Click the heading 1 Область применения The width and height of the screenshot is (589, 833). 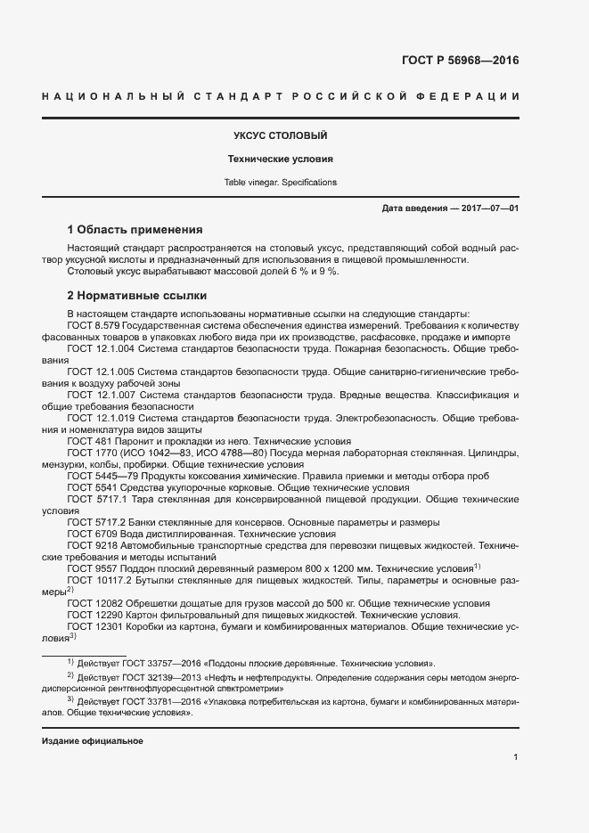click(135, 229)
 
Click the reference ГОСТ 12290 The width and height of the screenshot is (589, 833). click(93, 615)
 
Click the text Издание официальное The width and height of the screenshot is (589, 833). click(93, 741)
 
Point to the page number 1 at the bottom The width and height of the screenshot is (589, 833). click(515, 757)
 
